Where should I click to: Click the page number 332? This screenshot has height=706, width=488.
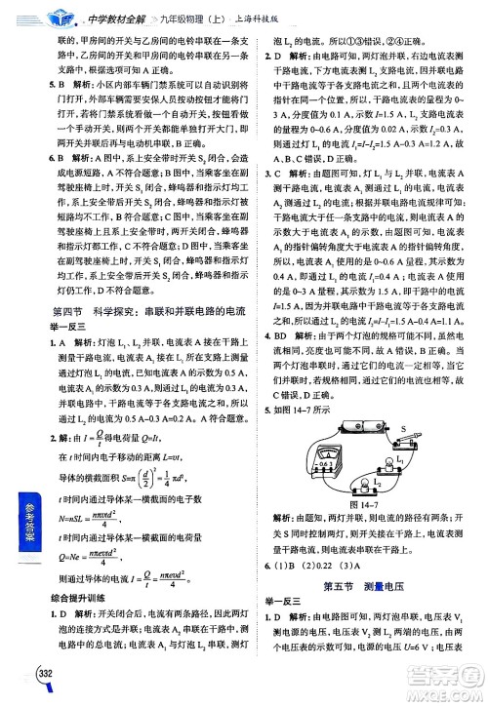[x=44, y=674]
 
